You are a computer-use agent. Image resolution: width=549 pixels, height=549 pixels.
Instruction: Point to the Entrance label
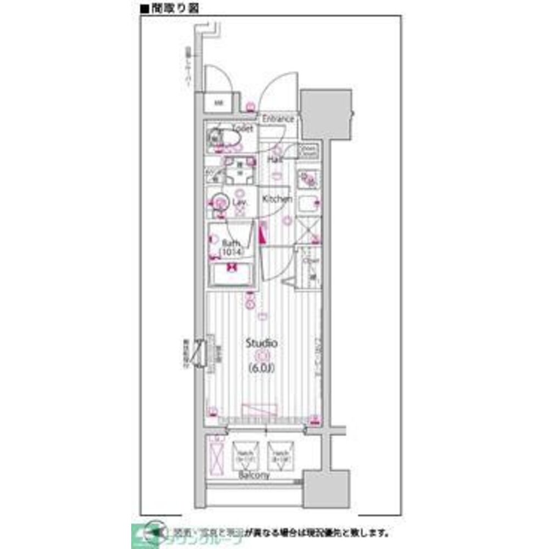pyautogui.click(x=278, y=119)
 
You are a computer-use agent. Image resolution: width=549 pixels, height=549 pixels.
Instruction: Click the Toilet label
pyautogui.click(x=242, y=128)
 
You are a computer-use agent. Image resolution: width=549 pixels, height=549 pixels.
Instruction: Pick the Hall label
pyautogui.click(x=274, y=159)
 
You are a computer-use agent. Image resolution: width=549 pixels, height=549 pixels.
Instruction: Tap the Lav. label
pyautogui.click(x=239, y=202)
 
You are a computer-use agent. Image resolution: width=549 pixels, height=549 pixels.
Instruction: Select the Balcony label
pyautogui.click(x=254, y=475)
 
